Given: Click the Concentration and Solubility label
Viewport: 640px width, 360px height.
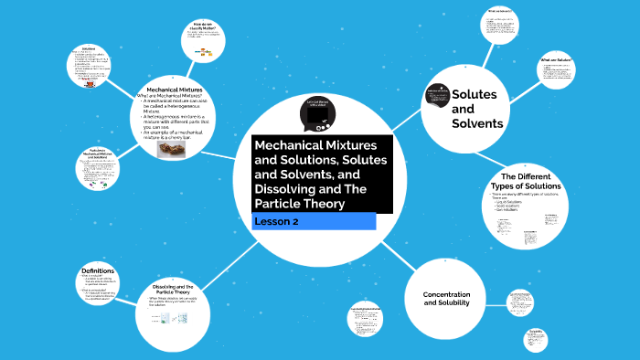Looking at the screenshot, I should (445, 299).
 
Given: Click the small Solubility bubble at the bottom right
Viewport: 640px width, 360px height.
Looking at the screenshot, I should (536, 341).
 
